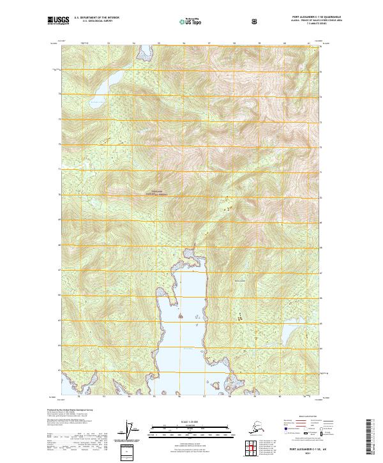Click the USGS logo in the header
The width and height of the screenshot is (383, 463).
[58, 21]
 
